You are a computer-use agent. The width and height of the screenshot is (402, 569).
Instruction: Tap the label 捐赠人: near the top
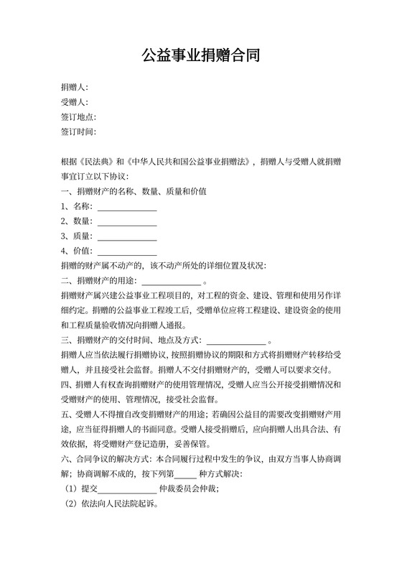coord(75,87)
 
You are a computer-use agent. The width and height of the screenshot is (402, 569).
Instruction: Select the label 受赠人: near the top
coord(75,102)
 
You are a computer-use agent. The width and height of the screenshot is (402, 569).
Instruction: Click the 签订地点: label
coord(79,117)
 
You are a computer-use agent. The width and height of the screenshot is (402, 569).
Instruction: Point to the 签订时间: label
coord(79,132)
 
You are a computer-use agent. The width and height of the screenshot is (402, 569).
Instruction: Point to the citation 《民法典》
coord(95,162)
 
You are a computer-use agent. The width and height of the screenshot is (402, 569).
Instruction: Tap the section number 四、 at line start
coord(68,386)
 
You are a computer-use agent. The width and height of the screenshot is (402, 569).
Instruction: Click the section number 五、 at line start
coord(68,416)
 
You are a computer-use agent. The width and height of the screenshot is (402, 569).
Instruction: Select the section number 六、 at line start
coord(68,461)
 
